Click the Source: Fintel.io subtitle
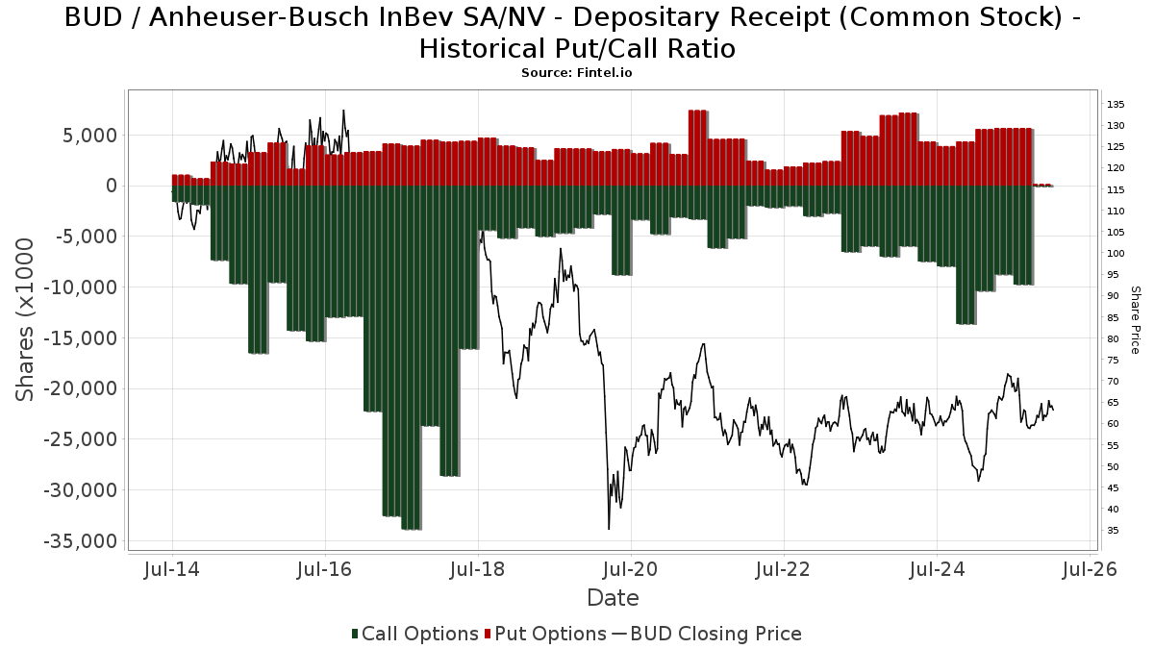click(x=576, y=72)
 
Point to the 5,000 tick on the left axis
click(x=89, y=135)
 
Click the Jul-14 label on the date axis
click(x=172, y=569)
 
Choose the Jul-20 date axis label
click(x=632, y=569)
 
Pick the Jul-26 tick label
click(x=1091, y=569)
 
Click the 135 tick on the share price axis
click(x=1116, y=105)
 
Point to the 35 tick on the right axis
click(x=1113, y=531)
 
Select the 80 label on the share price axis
click(x=1113, y=339)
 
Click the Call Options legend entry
click(x=414, y=634)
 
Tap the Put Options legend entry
click(x=546, y=634)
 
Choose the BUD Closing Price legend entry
click(x=707, y=634)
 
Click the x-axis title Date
click(x=613, y=598)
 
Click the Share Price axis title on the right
click(x=1135, y=320)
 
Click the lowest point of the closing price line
click(x=609, y=528)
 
